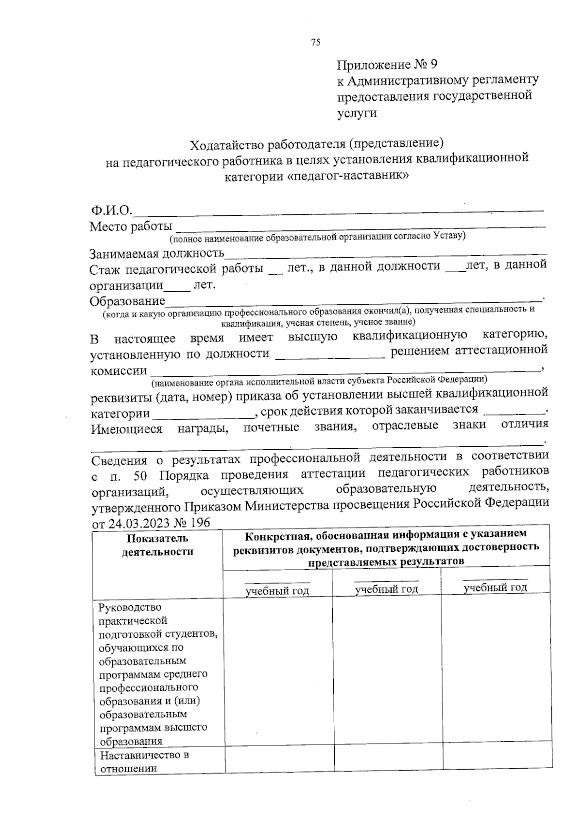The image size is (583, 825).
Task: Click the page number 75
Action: pyautogui.click(x=315, y=42)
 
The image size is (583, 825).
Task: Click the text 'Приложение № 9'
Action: pyautogui.click(x=387, y=65)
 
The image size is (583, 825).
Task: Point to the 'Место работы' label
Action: pyautogui.click(x=131, y=227)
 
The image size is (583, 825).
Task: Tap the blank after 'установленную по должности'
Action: pyautogui.click(x=331, y=355)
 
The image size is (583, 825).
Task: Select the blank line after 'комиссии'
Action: pyautogui.click(x=345, y=371)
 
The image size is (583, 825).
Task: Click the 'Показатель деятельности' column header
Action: pyautogui.click(x=157, y=545)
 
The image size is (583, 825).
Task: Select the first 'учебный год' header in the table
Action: pyautogui.click(x=277, y=591)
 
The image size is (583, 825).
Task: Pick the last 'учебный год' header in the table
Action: pyautogui.click(x=495, y=588)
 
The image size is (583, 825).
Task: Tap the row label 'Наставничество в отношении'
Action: pyautogui.click(x=144, y=762)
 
